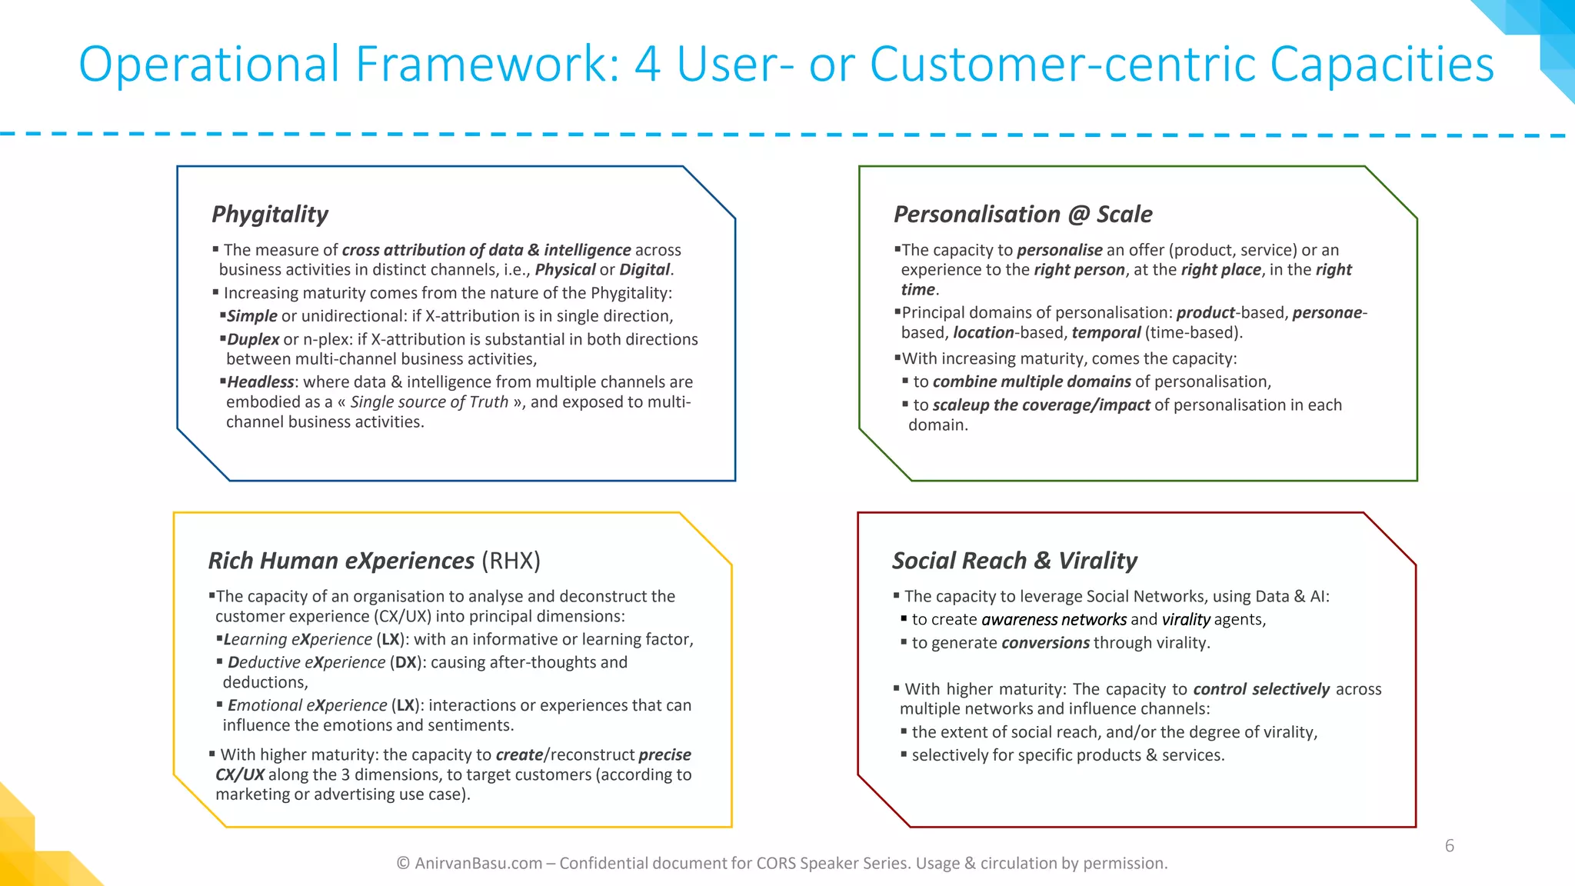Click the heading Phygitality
point(270,214)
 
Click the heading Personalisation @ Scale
point(1023,214)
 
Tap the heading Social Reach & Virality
point(1014,561)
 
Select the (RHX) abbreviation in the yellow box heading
point(511,561)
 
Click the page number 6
point(1449,846)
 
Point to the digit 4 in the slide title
point(648,64)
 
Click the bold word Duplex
point(253,339)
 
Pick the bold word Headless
point(260,382)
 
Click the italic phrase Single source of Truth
point(429,402)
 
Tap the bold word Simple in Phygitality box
point(251,316)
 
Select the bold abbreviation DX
point(405,662)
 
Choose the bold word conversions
point(1045,643)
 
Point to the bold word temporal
point(1106,332)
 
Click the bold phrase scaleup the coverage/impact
point(1041,405)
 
